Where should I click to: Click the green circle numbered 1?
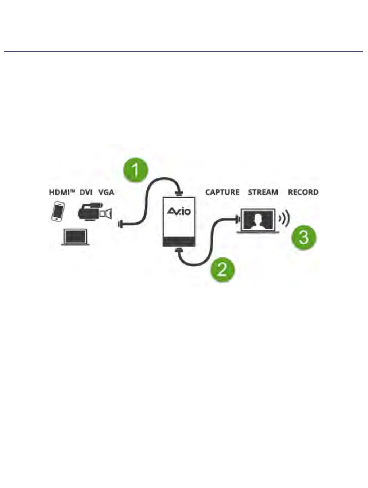136,170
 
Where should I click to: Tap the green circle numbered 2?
222,269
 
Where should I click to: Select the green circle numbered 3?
304,237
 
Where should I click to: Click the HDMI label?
62,192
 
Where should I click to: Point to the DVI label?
86,192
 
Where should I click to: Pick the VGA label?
106,192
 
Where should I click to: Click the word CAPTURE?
222,192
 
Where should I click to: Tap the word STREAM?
263,192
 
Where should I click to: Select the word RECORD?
303,192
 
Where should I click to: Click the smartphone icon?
58,211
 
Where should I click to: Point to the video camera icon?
95,212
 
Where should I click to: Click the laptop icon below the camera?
75,237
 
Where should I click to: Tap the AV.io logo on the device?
179,211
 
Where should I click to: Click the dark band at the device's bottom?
179,241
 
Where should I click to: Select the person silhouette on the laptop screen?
258,221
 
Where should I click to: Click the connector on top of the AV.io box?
179,193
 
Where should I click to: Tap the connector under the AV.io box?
179,250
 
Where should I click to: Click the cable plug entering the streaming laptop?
238,220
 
